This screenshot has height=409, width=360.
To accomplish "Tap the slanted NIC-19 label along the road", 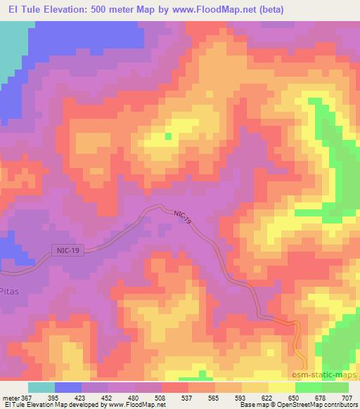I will [x=183, y=217].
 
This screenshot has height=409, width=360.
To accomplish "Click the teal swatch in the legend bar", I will [x=41, y=387].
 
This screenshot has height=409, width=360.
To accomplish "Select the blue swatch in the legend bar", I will [x=68, y=387].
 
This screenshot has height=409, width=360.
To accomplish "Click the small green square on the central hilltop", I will [x=167, y=136].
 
